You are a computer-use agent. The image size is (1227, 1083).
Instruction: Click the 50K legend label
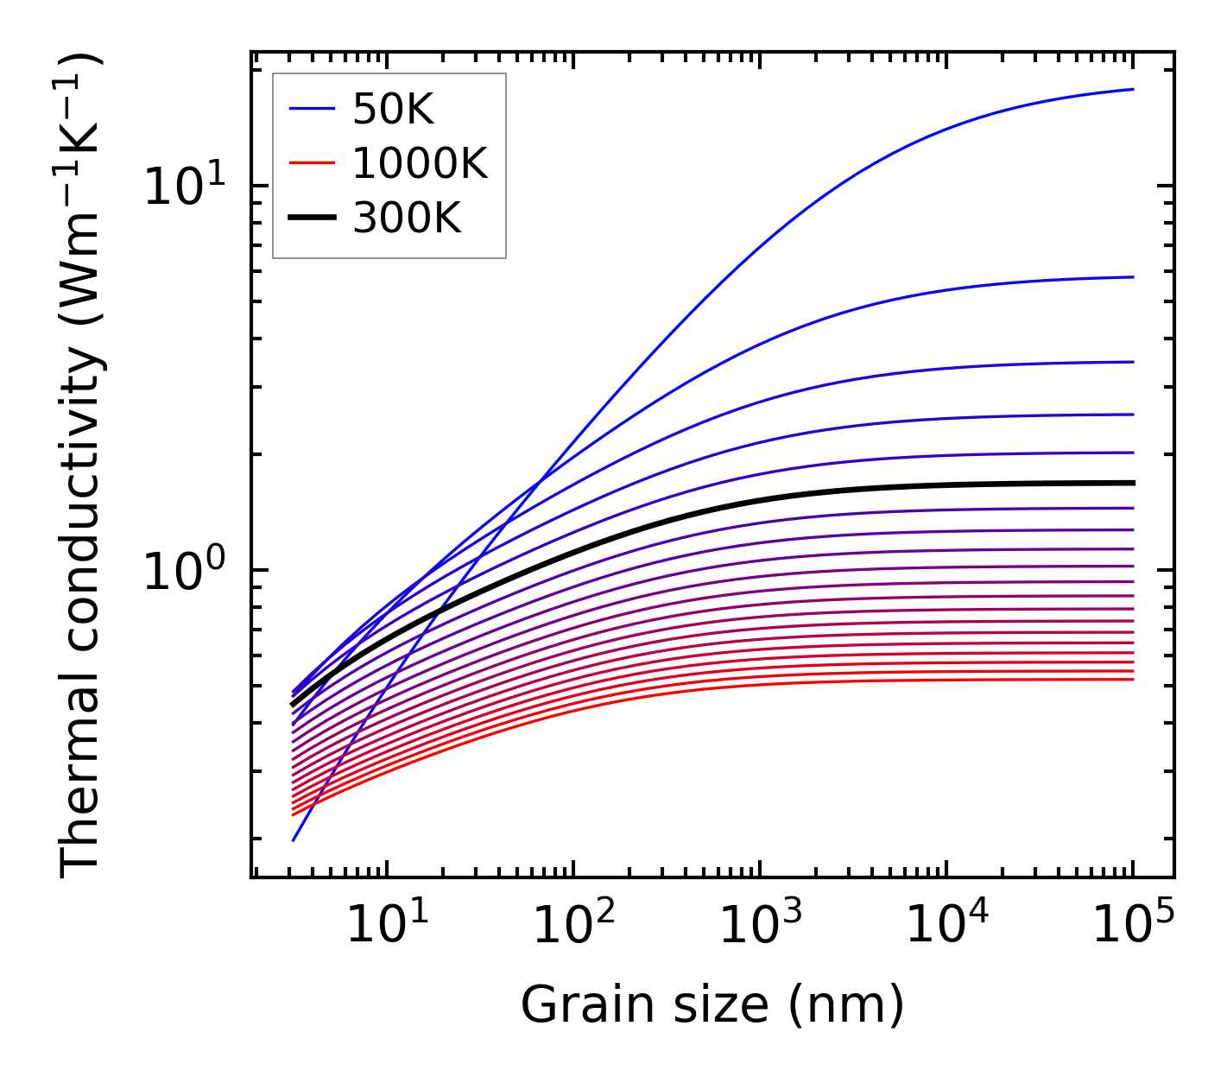click(x=392, y=110)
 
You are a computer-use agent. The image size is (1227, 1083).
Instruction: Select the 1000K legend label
click(x=420, y=163)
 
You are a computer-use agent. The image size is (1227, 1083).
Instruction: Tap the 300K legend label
click(x=407, y=218)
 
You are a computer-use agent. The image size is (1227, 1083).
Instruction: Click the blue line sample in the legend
click(x=311, y=109)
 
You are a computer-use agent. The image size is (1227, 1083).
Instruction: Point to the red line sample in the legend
click(x=311, y=163)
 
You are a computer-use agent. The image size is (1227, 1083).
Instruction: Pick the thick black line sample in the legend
click(x=311, y=218)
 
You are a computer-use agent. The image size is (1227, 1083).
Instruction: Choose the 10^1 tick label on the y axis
click(x=183, y=187)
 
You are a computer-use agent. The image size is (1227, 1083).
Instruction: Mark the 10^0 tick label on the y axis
click(x=183, y=572)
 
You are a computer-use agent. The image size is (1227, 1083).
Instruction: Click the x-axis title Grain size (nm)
click(x=712, y=1005)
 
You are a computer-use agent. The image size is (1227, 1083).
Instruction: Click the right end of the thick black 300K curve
click(x=1132, y=483)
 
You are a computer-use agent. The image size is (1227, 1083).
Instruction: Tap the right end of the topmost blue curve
click(x=1132, y=89)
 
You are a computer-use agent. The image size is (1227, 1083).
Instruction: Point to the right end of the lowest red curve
click(x=1132, y=680)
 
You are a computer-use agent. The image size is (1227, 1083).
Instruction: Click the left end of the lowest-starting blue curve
click(x=294, y=839)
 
